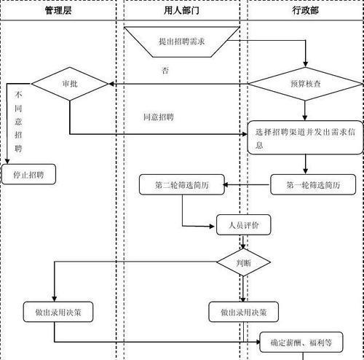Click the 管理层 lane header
58,10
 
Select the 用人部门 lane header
181,10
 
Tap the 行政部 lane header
305,10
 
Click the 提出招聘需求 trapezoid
182,42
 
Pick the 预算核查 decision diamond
305,84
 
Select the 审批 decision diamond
70,84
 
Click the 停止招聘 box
28,174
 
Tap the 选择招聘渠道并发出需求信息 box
305,138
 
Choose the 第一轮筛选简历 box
313,184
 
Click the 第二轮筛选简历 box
182,184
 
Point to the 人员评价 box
243,225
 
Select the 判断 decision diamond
243,262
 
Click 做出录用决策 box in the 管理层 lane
58,312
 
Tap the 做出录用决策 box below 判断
243,312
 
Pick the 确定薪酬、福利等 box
301,343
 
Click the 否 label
165,71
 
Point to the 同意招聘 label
158,117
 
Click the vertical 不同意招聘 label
18,122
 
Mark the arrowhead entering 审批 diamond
111,84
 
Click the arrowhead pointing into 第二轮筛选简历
226,185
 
